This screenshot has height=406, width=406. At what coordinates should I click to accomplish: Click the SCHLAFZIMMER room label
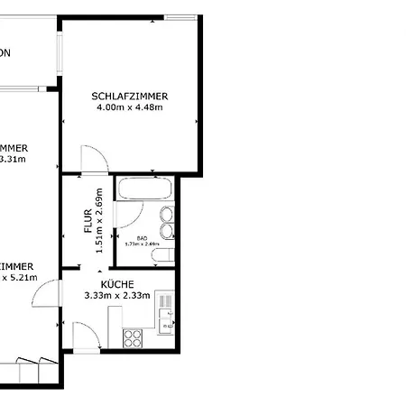[131, 96]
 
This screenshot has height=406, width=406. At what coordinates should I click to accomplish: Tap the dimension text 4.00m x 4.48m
[129, 107]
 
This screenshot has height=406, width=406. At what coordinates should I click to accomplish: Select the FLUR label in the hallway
[88, 220]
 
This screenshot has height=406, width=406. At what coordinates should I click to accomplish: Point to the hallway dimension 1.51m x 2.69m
[99, 220]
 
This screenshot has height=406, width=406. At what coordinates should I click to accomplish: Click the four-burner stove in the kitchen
[133, 338]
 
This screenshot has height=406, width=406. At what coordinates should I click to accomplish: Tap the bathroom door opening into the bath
[129, 217]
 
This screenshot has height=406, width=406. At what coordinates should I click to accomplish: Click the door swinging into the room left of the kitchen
[49, 293]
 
